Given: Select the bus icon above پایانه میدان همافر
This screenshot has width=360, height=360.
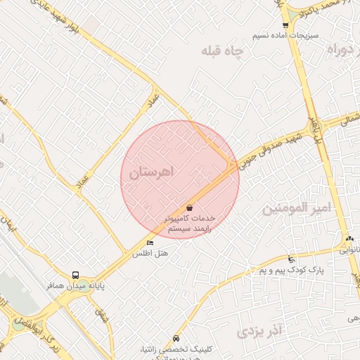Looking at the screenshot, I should pos(75,275).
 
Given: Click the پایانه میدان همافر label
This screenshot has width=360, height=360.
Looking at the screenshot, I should pos(75,286).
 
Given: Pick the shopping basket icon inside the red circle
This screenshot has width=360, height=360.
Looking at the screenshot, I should pos(190,207).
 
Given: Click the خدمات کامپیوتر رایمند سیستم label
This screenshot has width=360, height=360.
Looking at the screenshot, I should pos(190,224).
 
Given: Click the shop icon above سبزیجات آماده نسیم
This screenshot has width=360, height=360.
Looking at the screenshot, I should pos(285,25).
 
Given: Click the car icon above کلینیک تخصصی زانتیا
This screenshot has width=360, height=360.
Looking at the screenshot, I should pos(176,338).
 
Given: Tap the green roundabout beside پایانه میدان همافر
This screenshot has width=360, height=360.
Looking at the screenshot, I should pos(18,324).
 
